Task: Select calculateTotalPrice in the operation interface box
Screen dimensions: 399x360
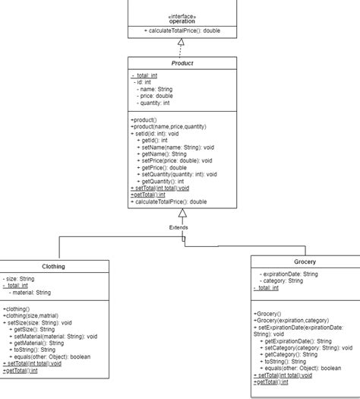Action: coord(182,30)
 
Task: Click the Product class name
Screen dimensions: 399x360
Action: coord(181,63)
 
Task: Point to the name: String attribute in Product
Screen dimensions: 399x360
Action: coord(155,89)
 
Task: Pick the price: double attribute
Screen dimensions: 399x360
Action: coord(155,96)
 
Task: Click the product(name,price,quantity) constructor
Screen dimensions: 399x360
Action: coord(168,126)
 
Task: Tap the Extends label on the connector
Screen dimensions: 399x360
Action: coord(179,226)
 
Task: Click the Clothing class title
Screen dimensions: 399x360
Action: coord(53,267)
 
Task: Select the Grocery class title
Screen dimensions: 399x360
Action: coord(305,261)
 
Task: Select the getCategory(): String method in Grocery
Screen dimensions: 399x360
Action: coord(292,354)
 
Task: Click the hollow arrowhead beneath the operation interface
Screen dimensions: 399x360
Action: coord(181,43)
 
